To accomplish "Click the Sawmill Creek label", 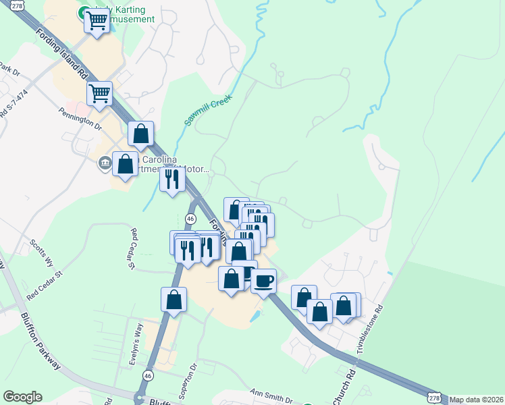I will tap(208, 110).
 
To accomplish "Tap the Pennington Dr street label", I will tap(80, 118).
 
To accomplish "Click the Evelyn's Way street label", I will tap(135, 345).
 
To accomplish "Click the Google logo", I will tap(22, 397).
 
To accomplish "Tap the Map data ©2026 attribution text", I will tap(477, 400).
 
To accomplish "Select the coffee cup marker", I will tap(264, 280).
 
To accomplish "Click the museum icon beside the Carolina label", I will tap(105, 163).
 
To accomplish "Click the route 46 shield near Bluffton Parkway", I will tap(148, 375).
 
